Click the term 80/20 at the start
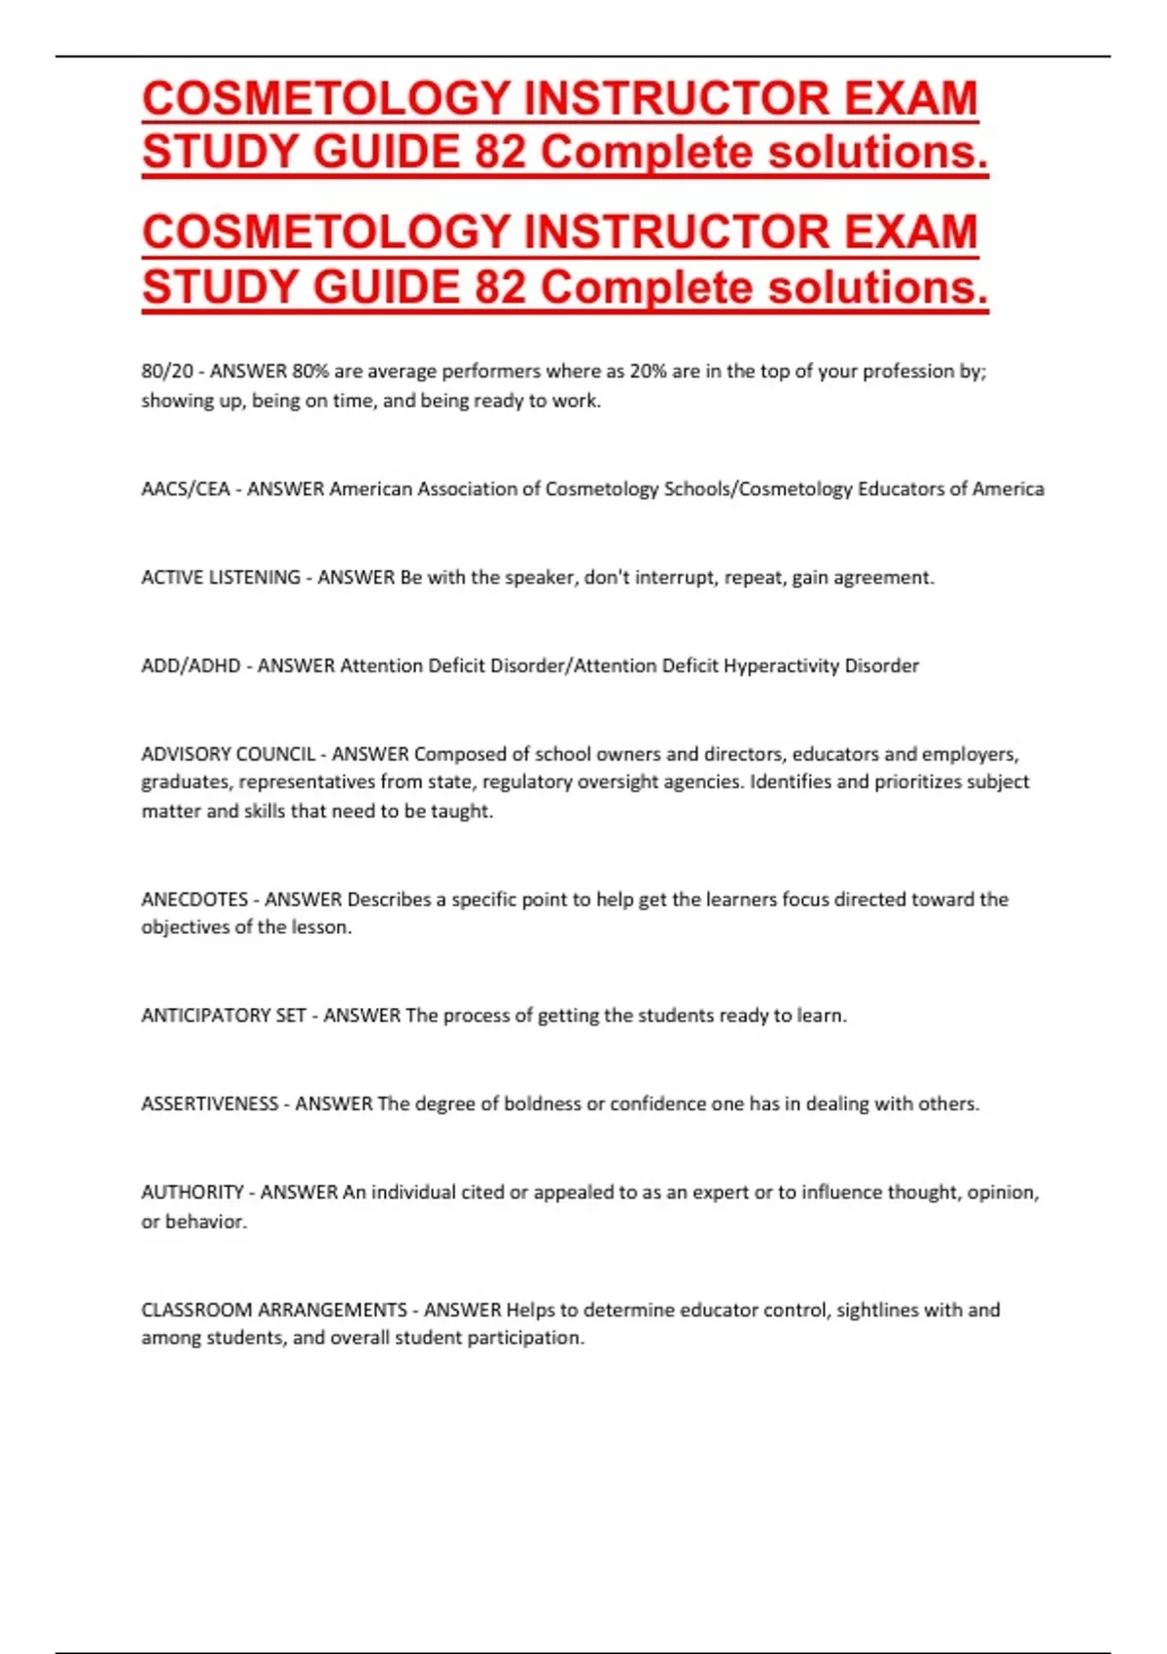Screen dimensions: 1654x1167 pos(167,371)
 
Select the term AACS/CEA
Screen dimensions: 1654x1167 pos(185,488)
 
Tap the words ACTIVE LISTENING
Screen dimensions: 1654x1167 pos(221,577)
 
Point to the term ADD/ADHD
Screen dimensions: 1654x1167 pos(191,665)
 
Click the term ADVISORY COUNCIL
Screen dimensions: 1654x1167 pos(229,754)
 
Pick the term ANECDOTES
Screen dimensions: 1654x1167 pos(194,899)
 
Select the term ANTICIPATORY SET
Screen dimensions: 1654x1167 pos(224,1015)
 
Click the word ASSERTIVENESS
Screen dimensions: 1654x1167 pos(210,1103)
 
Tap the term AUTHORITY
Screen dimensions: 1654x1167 pos(193,1192)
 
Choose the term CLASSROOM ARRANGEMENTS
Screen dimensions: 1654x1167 pos(274,1310)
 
